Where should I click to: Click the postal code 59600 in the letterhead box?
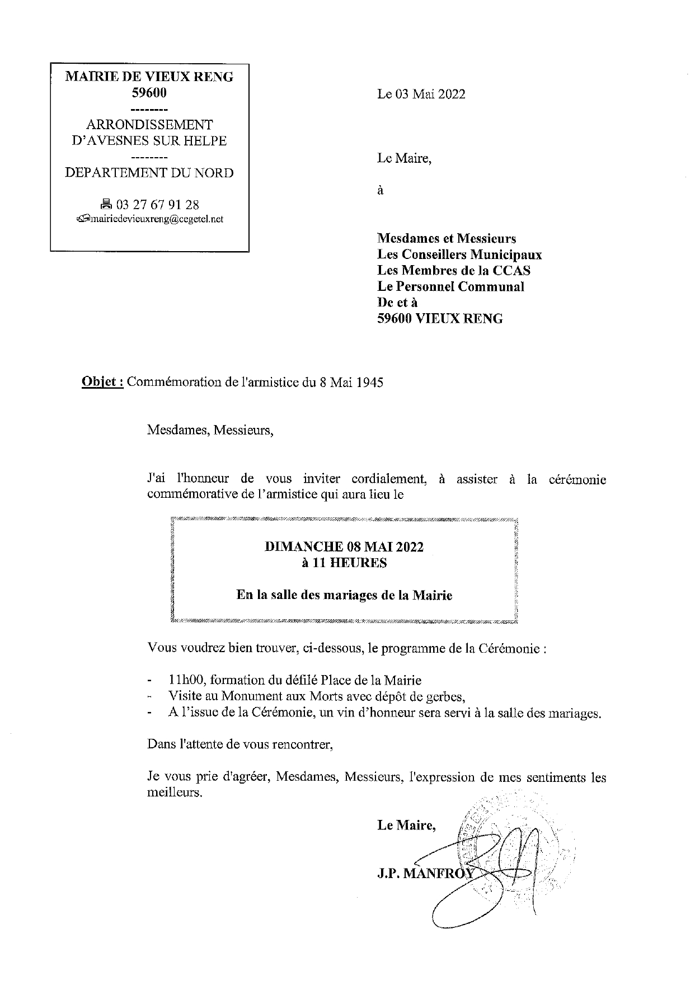coord(149,93)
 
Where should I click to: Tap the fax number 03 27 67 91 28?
coord(157,205)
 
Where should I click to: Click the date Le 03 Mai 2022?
coord(421,94)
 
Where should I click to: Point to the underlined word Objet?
coord(102,383)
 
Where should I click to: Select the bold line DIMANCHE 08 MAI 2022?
coord(344,546)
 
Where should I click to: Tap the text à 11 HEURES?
coord(344,563)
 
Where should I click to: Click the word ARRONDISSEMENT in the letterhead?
coord(149,124)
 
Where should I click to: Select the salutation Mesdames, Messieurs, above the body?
coord(210,431)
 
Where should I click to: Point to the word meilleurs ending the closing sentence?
coord(173,793)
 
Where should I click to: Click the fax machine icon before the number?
coord(106,205)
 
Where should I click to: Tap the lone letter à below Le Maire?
coord(381,190)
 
